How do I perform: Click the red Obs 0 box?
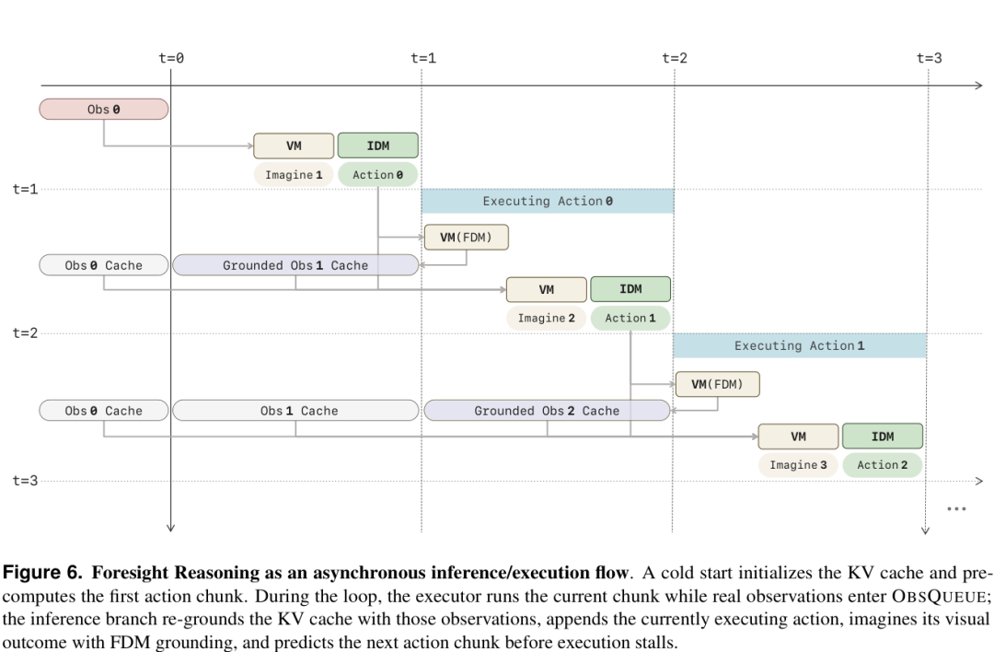104,109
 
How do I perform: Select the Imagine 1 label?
294,174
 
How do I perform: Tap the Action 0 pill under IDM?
378,174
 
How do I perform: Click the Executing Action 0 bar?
548,201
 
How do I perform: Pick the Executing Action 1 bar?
800,345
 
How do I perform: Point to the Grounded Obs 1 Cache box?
295,265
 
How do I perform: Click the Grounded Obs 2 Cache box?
547,411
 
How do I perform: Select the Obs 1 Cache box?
295,411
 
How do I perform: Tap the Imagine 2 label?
547,318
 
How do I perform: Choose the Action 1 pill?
630,318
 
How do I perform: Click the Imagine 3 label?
798,465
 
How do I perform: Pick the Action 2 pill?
883,465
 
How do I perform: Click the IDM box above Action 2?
883,437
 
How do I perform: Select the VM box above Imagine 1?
294,146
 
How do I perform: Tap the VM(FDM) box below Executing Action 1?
718,384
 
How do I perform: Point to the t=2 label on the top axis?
675,58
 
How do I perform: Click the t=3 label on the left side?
26,481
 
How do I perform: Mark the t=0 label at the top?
171,58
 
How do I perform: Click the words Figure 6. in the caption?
42,573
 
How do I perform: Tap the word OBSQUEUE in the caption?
938,596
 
